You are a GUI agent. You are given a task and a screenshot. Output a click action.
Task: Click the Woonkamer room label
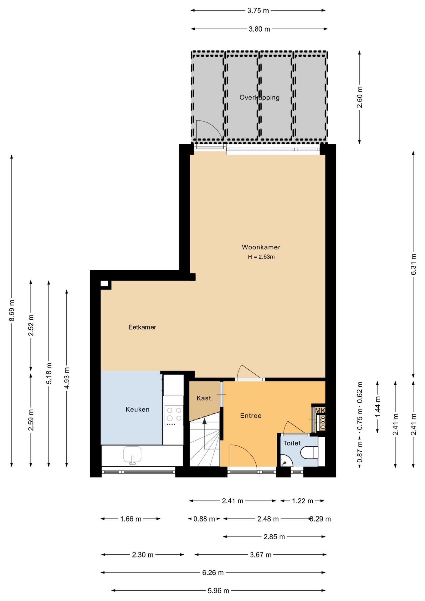(261, 247)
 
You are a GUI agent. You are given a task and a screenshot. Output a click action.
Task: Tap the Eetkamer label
(142, 327)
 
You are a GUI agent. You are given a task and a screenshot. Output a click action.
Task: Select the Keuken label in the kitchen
(137, 409)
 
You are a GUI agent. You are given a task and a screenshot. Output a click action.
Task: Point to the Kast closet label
(204, 398)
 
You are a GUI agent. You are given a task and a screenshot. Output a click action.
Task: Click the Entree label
(251, 416)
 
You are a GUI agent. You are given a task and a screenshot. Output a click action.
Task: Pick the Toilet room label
(292, 443)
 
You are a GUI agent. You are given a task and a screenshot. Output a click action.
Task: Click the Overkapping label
(259, 98)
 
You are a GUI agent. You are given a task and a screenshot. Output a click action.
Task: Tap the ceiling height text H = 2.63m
(261, 257)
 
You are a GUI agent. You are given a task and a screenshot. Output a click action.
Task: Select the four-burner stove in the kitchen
(174, 415)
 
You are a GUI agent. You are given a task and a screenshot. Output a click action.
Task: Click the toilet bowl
(309, 453)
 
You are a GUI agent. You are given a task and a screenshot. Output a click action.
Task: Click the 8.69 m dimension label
(12, 311)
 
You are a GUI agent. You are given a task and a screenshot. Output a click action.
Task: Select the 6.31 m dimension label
(414, 265)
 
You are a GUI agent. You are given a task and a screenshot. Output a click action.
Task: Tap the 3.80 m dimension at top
(259, 29)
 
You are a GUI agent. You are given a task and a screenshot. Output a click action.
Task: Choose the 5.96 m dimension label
(218, 591)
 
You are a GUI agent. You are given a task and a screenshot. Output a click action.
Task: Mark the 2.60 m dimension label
(360, 97)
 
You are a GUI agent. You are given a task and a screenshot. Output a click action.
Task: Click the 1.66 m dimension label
(131, 519)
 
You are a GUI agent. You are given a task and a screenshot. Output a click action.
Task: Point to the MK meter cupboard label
(320, 410)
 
